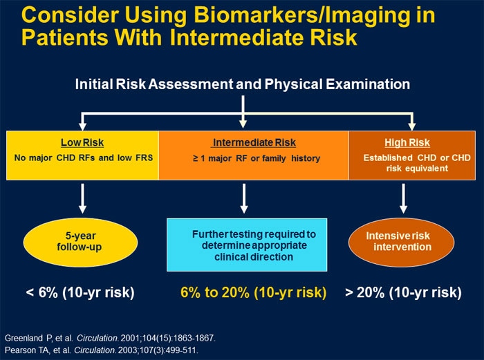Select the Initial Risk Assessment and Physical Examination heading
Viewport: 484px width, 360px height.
[243, 84]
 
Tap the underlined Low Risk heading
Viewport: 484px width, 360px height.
[82, 143]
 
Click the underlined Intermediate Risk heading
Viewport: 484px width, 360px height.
[254, 143]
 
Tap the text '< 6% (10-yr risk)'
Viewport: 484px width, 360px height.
[80, 292]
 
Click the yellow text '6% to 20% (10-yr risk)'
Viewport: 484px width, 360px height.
[253, 292]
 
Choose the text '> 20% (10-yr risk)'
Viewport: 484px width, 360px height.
[403, 292]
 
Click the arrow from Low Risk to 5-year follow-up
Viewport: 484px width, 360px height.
[82, 197]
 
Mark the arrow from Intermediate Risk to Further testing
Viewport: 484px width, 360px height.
[243, 197]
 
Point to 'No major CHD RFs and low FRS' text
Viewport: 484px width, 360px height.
[82, 158]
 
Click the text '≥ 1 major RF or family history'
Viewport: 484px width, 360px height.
[257, 158]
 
